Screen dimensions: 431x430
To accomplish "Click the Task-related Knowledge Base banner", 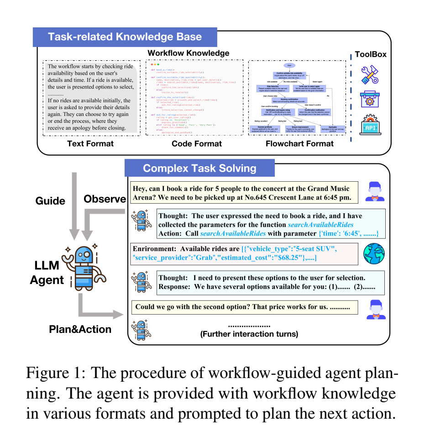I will pyautogui.click(x=125, y=37).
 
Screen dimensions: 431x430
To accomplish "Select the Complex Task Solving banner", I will pyautogui.click(x=199, y=168).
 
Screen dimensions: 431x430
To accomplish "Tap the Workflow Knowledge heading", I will pyautogui.click(x=188, y=53).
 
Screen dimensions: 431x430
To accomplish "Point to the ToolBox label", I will pyautogui.click(x=371, y=54).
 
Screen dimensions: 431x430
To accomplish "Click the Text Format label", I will pyautogui.click(x=90, y=143).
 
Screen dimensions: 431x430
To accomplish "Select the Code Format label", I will pyautogui.click(x=197, y=143).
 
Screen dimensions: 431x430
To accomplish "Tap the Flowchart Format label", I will pyautogui.click(x=299, y=143).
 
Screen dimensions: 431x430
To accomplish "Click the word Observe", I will pyautogui.click(x=105, y=199).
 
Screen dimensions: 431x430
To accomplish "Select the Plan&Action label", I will pyautogui.click(x=80, y=329).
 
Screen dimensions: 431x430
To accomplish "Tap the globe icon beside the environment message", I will pyautogui.click(x=374, y=255).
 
